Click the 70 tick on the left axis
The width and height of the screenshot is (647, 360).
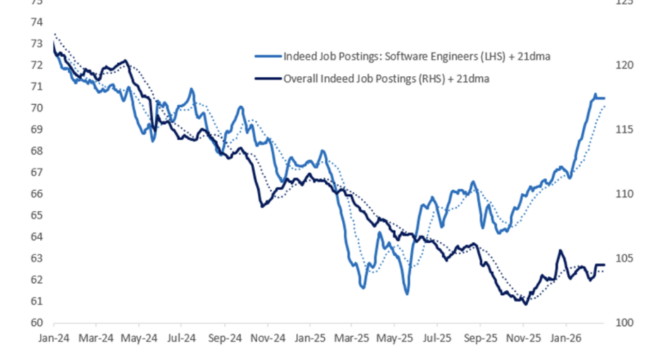pyautogui.click(x=37, y=108)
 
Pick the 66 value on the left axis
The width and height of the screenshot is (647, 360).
pyautogui.click(x=37, y=194)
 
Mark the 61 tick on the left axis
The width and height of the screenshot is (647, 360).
pyautogui.click(x=37, y=301)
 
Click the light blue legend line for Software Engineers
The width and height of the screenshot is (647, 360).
pyautogui.click(x=268, y=56)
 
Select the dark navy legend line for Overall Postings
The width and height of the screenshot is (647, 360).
pyautogui.click(x=268, y=79)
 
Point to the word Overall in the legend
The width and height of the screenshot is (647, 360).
pyautogui.click(x=301, y=79)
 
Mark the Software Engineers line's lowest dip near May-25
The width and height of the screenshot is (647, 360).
pyautogui.click(x=407, y=294)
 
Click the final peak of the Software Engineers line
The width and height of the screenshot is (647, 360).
pyautogui.click(x=595, y=95)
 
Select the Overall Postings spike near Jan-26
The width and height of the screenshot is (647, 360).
pyautogui.click(x=560, y=251)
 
